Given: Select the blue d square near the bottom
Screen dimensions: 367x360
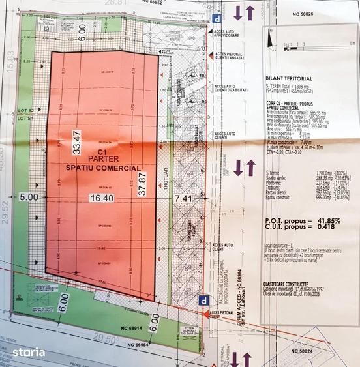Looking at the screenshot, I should (205, 301).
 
